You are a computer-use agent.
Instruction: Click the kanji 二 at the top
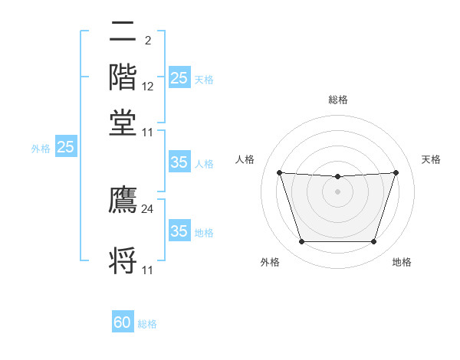pos(123,31)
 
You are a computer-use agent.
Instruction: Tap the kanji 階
pos(123,77)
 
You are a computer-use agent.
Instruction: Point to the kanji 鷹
pos(123,199)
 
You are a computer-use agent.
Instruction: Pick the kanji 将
pos(123,260)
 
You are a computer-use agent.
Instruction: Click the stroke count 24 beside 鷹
pos(148,208)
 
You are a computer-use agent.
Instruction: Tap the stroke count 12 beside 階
pos(148,86)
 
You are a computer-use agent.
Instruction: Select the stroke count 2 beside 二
pos(147,41)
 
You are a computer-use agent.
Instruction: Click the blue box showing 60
pos(123,322)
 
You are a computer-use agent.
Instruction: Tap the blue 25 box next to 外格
pos(66,147)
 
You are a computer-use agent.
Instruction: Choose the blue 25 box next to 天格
pos(179,78)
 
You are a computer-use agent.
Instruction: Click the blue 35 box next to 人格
pos(179,162)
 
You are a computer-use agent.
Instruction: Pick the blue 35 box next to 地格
pos(179,231)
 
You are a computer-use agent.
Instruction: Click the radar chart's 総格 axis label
pos(338,100)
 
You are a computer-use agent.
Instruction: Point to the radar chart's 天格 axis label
pos(431,159)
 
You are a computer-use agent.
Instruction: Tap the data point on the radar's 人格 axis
pos(280,173)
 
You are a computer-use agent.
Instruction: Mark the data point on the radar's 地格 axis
pos(373,242)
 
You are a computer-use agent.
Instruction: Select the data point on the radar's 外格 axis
pos(301,242)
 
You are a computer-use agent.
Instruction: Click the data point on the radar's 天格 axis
pos(396,173)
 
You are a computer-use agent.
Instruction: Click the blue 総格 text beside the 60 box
pos(147,324)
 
